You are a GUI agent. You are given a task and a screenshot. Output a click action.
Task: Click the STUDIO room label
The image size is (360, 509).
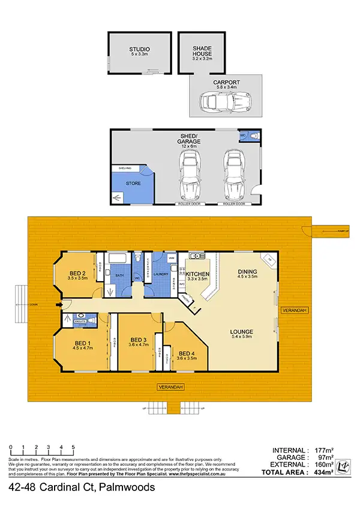pyautogui.click(x=139, y=49)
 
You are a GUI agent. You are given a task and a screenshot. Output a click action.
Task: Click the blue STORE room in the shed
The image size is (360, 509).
pyautogui.click(x=133, y=183)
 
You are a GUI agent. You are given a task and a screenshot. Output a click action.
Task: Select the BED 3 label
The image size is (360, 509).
pyautogui.click(x=137, y=339)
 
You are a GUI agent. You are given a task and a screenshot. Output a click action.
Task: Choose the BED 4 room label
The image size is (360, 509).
pyautogui.click(x=187, y=353)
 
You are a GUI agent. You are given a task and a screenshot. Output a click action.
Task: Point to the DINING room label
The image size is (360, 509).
pyautogui.click(x=247, y=272)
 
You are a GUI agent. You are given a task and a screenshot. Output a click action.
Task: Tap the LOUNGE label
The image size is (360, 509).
pyautogui.click(x=242, y=332)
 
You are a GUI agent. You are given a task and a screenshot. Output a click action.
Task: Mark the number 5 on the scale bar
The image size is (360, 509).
pyautogui.click(x=73, y=447)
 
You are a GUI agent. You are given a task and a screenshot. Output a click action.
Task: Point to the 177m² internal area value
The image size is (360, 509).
pyautogui.click(x=319, y=450)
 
